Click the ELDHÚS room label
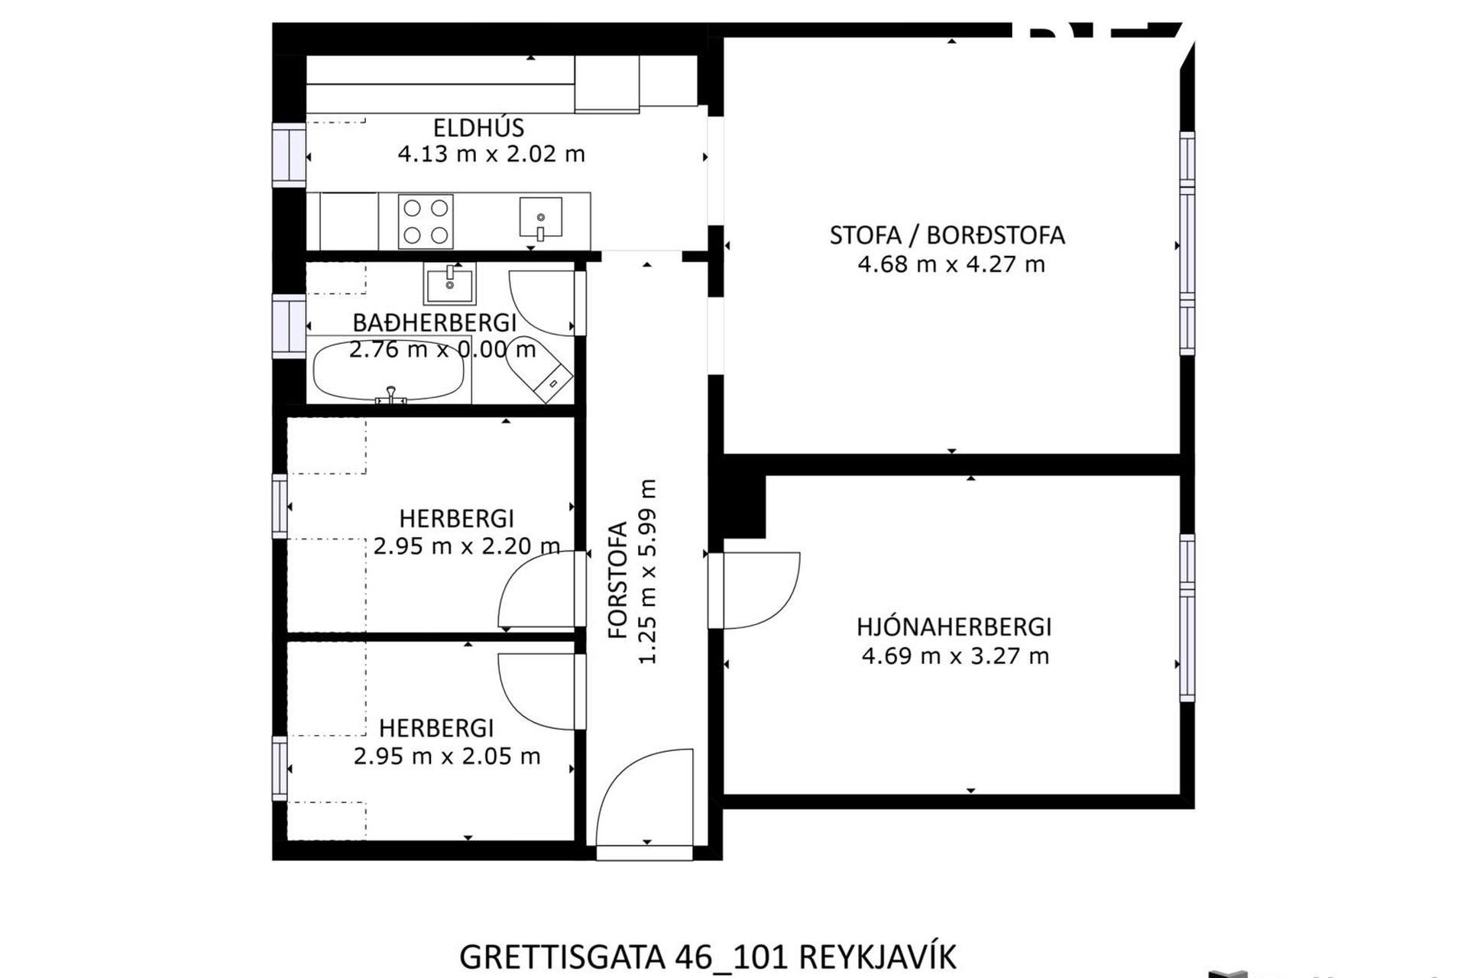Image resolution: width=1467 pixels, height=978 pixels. click(478, 128)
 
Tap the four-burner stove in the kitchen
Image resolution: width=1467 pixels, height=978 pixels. click(426, 222)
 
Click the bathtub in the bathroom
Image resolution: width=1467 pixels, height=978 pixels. click(388, 371)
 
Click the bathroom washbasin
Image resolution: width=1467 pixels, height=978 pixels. click(449, 284)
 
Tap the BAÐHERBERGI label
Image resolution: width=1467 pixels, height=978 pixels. click(434, 322)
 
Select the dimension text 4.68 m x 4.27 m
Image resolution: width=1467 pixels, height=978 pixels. click(950, 264)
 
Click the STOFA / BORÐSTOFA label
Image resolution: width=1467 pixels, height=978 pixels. click(947, 235)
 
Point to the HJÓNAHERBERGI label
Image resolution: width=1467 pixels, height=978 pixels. click(954, 627)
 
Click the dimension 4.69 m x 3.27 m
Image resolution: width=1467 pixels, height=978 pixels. click(954, 656)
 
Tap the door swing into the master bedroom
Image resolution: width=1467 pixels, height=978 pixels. click(760, 590)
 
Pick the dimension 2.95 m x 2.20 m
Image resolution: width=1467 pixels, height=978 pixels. click(466, 546)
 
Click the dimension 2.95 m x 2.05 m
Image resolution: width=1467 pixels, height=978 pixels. click(446, 756)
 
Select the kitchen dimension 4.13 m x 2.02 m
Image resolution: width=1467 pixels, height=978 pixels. click(491, 154)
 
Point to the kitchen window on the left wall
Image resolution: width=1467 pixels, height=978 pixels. click(289, 156)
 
